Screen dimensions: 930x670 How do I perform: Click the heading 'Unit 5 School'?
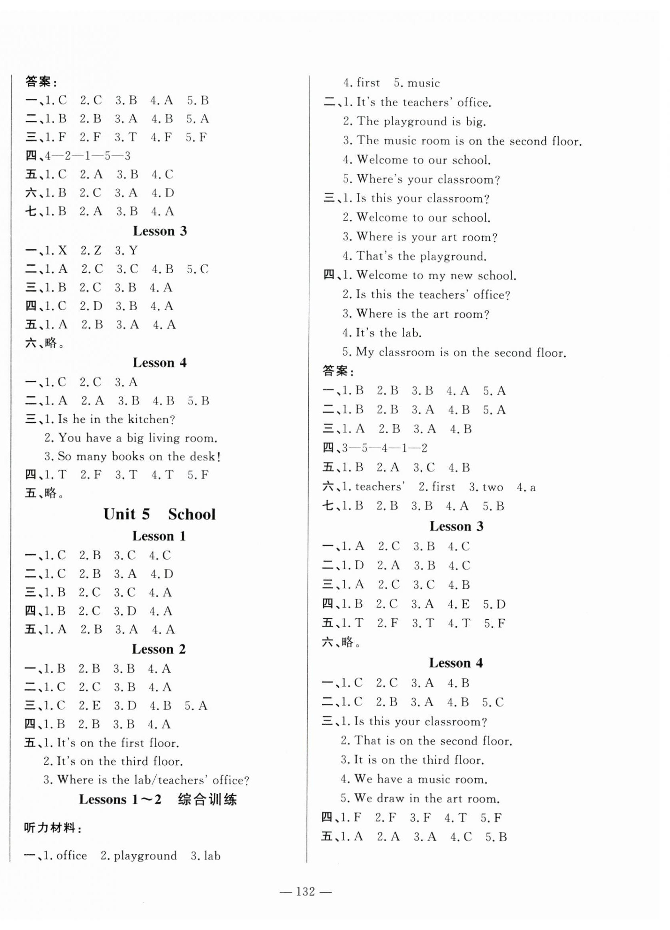pos(159,514)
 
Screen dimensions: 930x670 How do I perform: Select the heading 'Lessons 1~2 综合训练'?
pos(158,799)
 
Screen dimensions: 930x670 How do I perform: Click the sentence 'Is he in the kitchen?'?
pos(116,419)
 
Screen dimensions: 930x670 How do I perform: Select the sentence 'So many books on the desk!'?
pos(139,456)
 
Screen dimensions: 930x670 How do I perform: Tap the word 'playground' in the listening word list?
pos(145,856)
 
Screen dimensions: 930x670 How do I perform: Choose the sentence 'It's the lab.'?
pos(389,333)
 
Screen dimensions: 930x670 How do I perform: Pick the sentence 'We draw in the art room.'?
pos(427,799)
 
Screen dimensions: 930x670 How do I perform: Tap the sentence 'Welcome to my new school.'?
pos(436,275)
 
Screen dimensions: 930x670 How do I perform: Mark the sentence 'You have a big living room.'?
pos(137,438)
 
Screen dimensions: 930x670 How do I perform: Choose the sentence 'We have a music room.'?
pos(420,779)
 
